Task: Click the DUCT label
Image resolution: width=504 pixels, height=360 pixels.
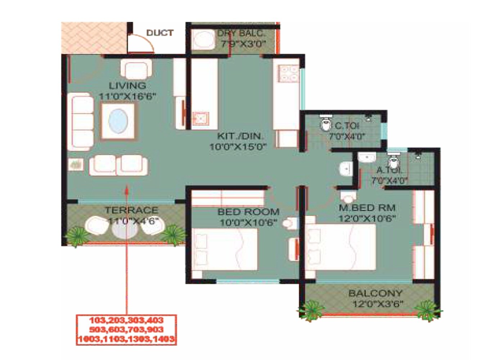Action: click(160, 33)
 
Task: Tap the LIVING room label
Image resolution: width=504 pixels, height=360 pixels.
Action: click(127, 86)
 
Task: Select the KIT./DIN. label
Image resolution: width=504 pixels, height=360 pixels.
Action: click(240, 136)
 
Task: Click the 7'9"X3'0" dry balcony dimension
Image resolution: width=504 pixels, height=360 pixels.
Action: click(243, 44)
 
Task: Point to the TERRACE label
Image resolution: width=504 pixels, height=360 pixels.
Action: click(131, 210)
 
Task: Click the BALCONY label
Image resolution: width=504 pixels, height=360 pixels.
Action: click(375, 293)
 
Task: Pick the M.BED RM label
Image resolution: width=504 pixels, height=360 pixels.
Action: click(367, 208)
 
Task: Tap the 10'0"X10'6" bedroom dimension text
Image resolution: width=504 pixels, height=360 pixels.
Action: click(248, 222)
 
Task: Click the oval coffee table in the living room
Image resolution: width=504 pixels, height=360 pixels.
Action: click(118, 121)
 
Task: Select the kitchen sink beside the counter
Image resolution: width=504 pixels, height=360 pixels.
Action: click(200, 118)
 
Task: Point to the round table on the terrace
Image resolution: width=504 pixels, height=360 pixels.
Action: click(124, 229)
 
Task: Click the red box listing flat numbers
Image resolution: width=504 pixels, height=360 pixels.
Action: click(126, 330)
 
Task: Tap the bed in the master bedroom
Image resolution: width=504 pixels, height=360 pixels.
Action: click(340, 247)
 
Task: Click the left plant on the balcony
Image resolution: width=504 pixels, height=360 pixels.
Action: click(310, 309)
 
